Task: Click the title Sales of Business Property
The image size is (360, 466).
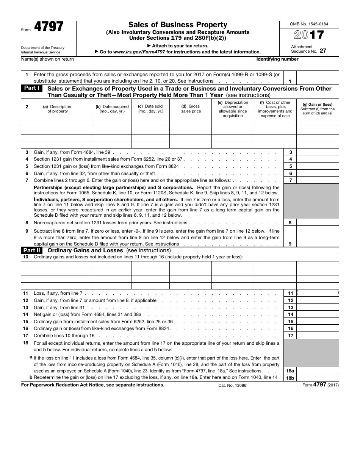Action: (x=177, y=25)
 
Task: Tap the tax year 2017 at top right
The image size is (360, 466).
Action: (x=309, y=35)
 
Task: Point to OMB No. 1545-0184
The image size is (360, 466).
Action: (x=310, y=24)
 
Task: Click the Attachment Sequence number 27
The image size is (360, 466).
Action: (x=322, y=51)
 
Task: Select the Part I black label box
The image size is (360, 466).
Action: (x=32, y=88)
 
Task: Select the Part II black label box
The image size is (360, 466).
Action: (x=32, y=250)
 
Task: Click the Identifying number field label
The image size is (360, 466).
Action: (x=277, y=59)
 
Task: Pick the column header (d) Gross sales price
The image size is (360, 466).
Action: (x=191, y=109)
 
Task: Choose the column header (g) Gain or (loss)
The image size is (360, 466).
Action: (x=317, y=109)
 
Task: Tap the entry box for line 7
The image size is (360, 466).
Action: (x=318, y=180)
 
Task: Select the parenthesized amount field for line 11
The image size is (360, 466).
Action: (x=318, y=293)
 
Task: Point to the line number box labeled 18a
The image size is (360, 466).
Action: (x=290, y=371)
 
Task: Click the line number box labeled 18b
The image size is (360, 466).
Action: (x=290, y=378)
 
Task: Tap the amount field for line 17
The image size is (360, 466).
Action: (x=318, y=336)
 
